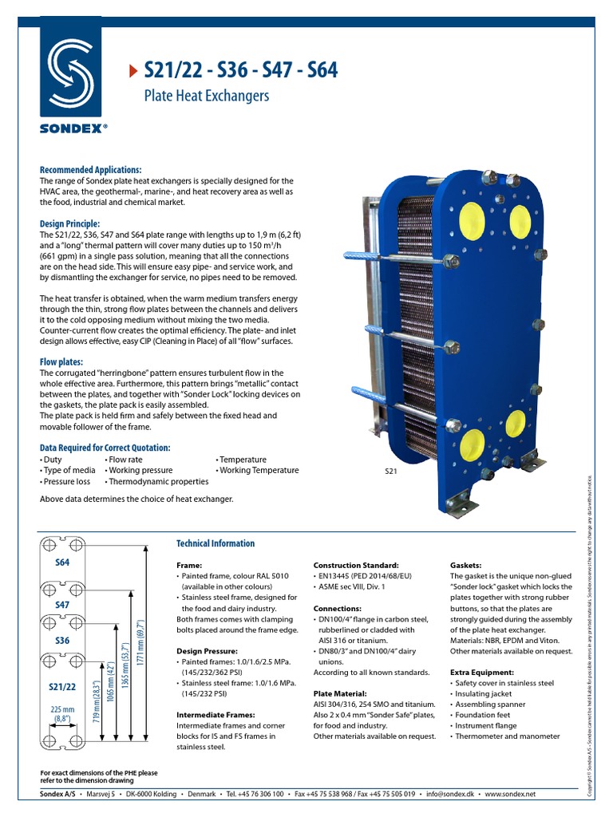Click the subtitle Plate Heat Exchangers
[206, 97]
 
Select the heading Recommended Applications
[90, 170]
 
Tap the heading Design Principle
[70, 224]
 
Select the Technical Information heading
[216, 543]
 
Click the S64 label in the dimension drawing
[63, 562]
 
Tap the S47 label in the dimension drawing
[63, 606]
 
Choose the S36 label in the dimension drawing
[63, 641]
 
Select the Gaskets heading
[466, 565]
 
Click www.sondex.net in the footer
[511, 795]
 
